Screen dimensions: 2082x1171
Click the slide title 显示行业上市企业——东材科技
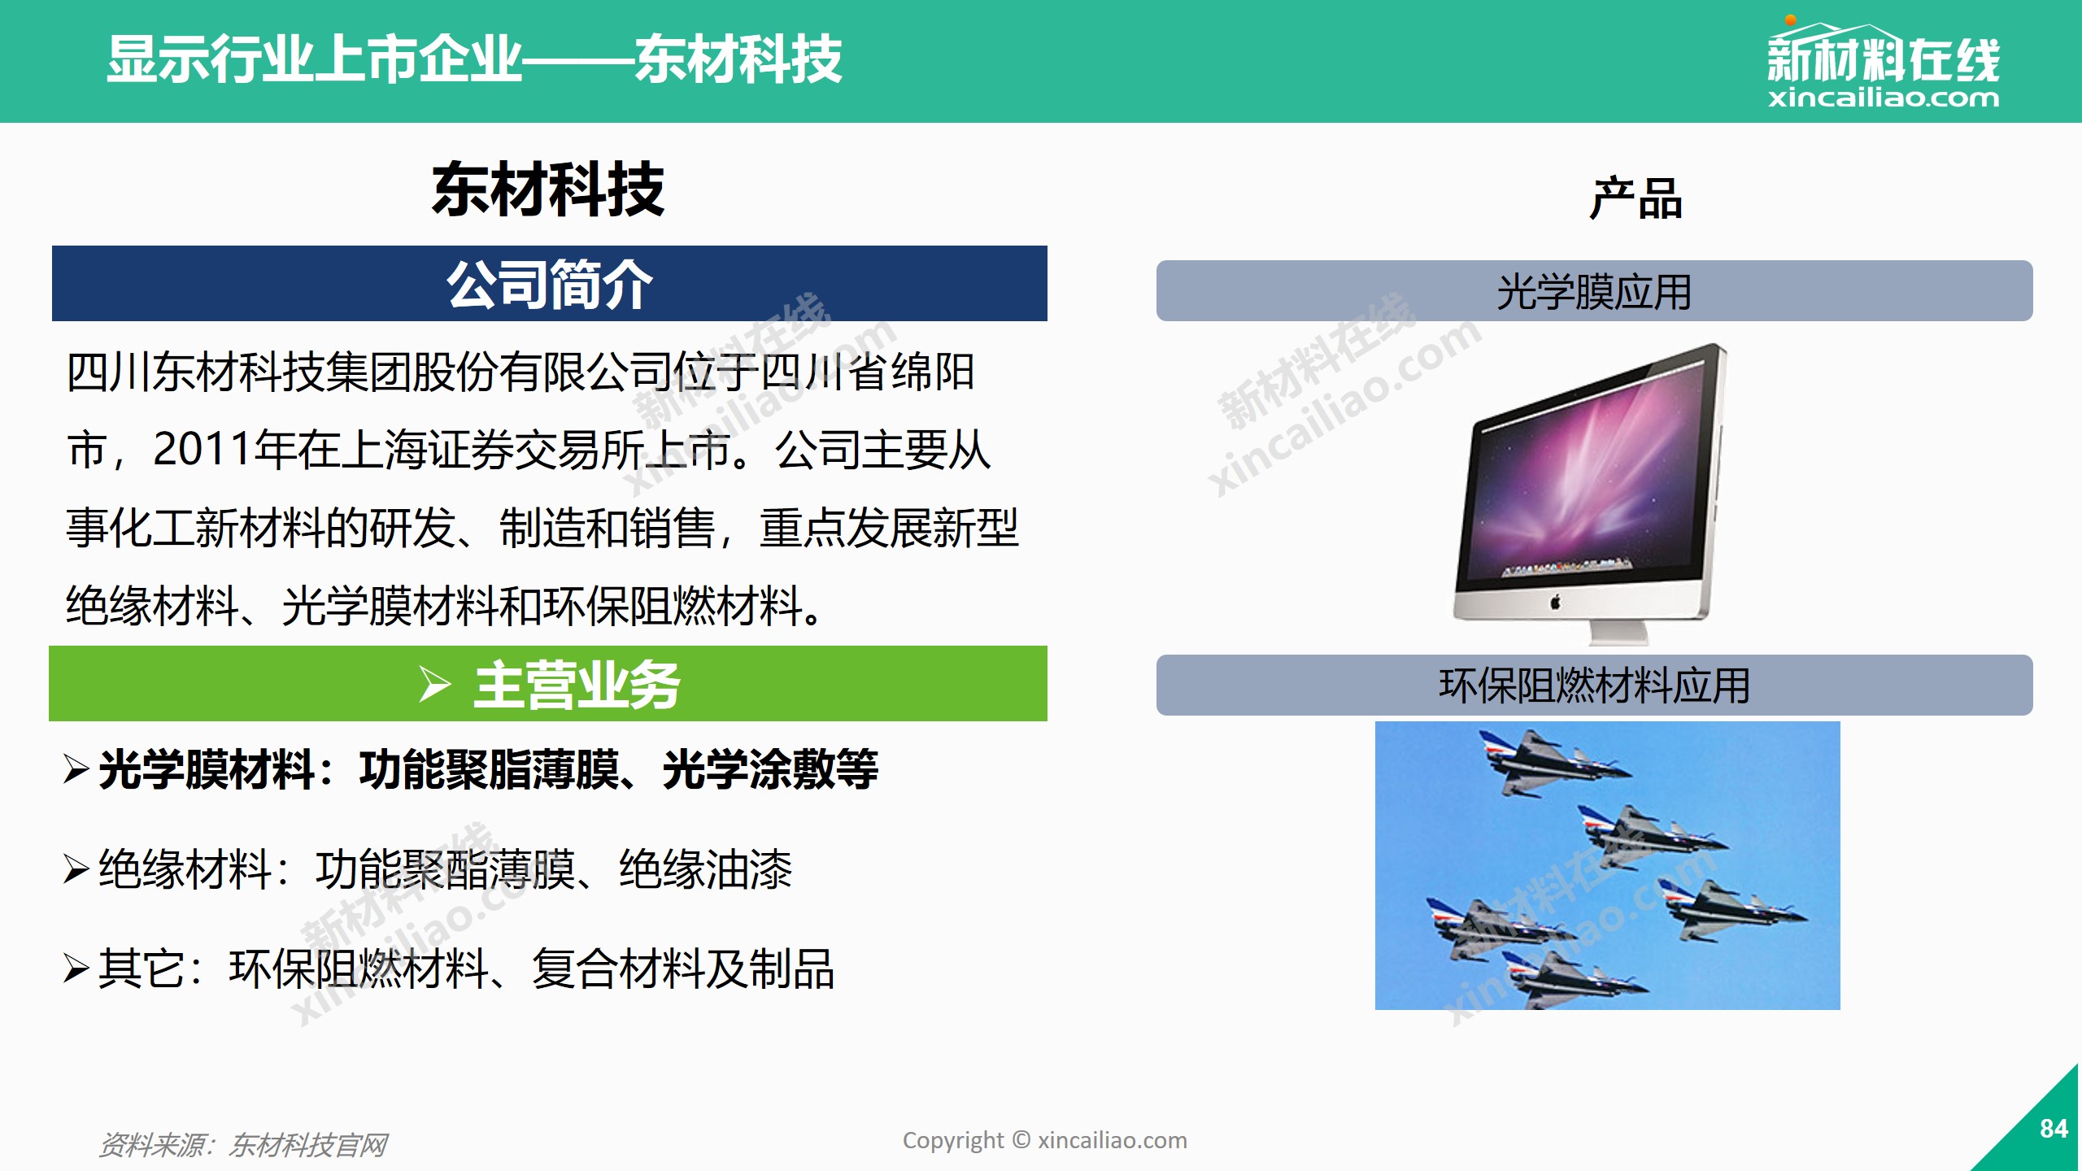474,59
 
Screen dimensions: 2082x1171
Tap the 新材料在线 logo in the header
1884,63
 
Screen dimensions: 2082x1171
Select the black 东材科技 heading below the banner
548,189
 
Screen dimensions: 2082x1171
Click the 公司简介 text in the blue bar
550,285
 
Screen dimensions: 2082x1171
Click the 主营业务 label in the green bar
577,685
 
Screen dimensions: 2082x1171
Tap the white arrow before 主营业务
435,684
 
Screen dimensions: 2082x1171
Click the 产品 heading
1636,198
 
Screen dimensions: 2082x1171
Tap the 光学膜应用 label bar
1594,291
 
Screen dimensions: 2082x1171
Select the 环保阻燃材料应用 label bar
1594,685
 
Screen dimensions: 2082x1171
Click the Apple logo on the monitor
1556,603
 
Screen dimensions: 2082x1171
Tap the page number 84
2054,1129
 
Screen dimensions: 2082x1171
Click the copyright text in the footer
1045,1140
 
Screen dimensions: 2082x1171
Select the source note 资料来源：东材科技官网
242,1145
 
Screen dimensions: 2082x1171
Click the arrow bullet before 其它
76,969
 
